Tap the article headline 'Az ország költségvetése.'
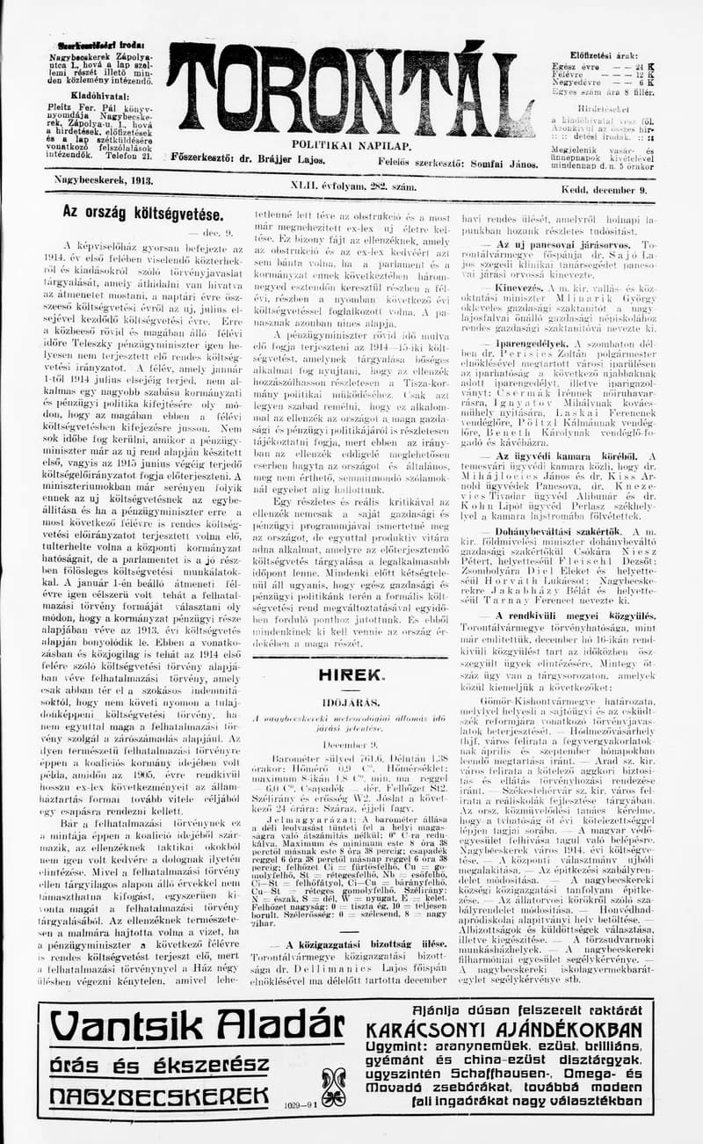click(141, 214)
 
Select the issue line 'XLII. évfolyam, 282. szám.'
click(353, 186)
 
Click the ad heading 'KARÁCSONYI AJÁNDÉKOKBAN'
click(504, 1030)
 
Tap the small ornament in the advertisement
click(334, 1087)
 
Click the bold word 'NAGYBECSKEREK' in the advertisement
click(159, 1096)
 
